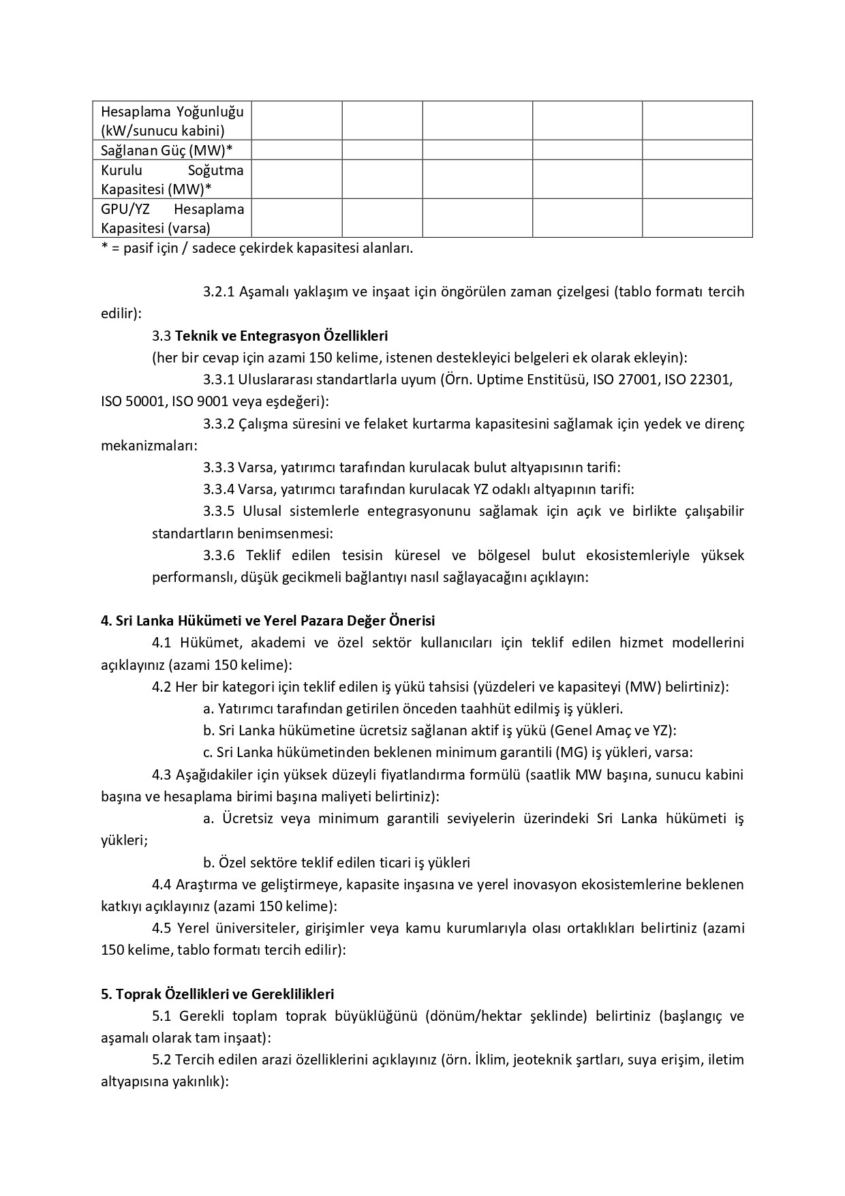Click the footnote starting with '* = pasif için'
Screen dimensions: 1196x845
point(257,248)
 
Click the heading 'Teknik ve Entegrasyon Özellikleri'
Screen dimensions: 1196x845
point(281,336)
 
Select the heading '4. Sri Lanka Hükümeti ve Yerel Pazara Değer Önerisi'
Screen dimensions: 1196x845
point(268,621)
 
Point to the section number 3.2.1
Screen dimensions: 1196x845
point(219,292)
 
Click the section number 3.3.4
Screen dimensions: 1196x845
point(219,489)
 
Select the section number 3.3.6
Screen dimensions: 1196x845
point(219,555)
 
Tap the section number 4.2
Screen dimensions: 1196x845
point(162,687)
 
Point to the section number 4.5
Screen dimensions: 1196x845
point(162,928)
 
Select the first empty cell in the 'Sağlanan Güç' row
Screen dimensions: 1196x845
point(296,150)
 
